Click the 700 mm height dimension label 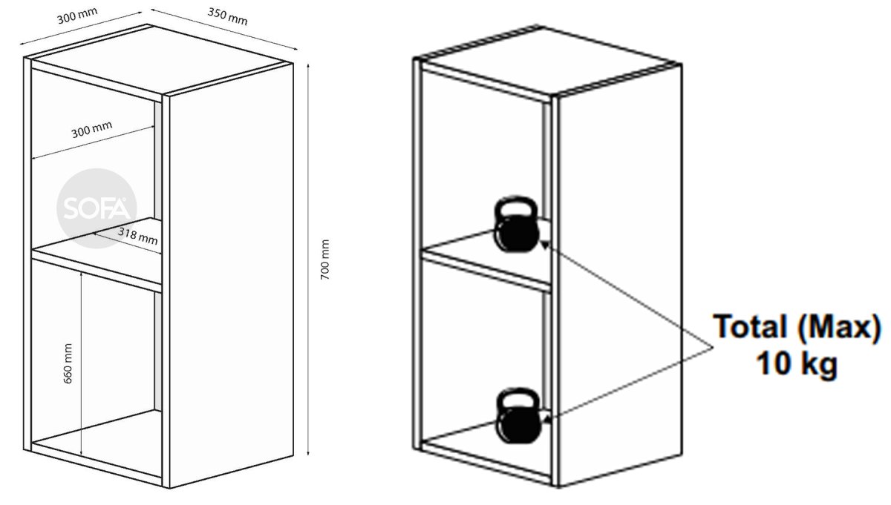pos(325,260)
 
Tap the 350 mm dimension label pos(227,16)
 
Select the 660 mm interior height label pos(68,363)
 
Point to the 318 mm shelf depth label pos(137,236)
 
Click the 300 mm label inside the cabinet pos(92,129)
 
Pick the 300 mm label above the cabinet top pos(77,16)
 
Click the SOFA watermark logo pos(97,208)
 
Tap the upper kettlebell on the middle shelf pos(516,224)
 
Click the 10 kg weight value pos(796,363)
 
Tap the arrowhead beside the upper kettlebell pos(545,245)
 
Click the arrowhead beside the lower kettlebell pos(547,419)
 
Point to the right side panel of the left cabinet pos(232,275)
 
